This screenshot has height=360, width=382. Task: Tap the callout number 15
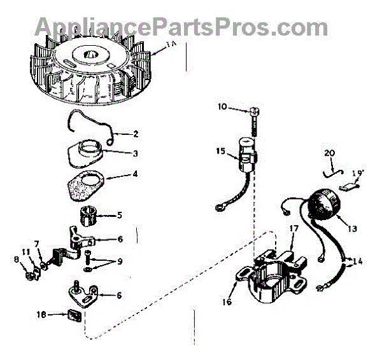click(220, 151)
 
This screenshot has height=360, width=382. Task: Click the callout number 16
click(227, 303)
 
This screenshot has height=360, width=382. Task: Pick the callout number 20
click(329, 153)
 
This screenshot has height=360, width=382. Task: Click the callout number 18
click(41, 314)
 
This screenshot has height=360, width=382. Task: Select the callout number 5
click(118, 215)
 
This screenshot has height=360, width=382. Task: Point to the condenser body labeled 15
click(246, 152)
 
